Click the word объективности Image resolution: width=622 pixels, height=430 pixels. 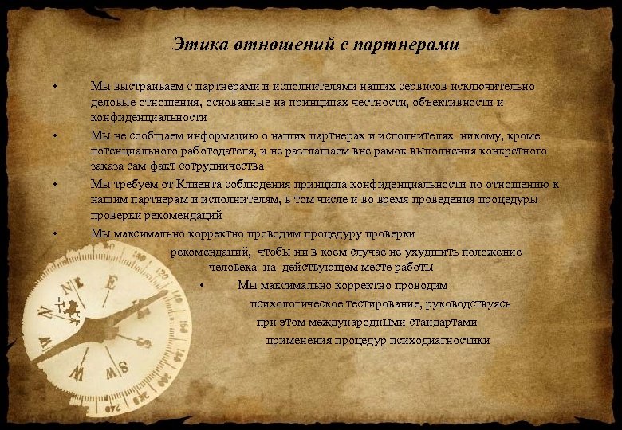click(452, 102)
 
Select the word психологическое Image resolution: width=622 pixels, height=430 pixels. click(293, 304)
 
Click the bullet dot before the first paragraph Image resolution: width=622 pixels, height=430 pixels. click(55, 85)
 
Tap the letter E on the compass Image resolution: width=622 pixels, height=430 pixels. click(112, 283)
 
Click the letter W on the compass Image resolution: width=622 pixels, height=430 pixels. click(77, 373)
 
